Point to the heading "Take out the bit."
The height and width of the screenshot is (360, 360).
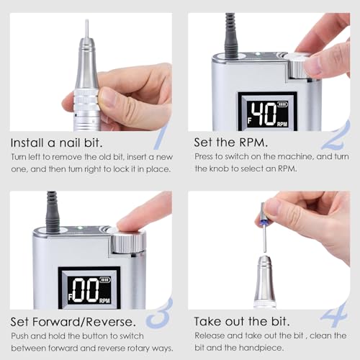(242, 320)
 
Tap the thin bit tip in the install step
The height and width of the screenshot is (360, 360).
(87, 30)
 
